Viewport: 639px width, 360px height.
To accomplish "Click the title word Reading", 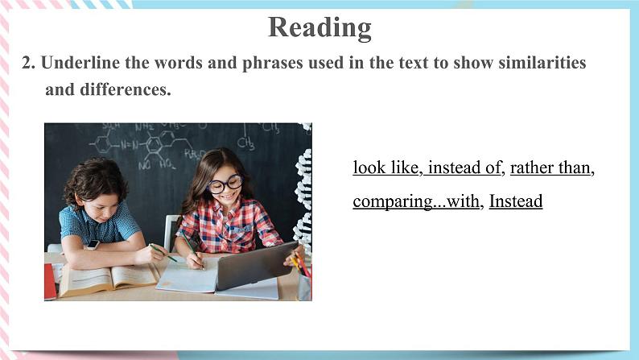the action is [x=319, y=27].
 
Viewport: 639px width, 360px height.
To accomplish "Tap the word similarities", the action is [x=542, y=63].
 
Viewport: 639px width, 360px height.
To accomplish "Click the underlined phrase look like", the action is [x=385, y=168].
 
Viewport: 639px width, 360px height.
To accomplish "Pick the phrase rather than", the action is [x=550, y=168].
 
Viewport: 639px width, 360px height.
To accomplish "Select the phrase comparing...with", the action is [x=416, y=201].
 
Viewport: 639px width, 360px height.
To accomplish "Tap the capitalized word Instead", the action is [x=516, y=201].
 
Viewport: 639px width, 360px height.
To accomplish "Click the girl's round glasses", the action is [x=225, y=184].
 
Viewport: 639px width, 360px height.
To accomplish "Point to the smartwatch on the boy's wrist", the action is [x=93, y=245].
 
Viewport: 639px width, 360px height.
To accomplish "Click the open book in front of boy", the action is [x=108, y=279].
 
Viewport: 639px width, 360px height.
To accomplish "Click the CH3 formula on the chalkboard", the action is [x=245, y=143].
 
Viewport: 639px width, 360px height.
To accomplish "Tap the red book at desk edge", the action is [x=50, y=282].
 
